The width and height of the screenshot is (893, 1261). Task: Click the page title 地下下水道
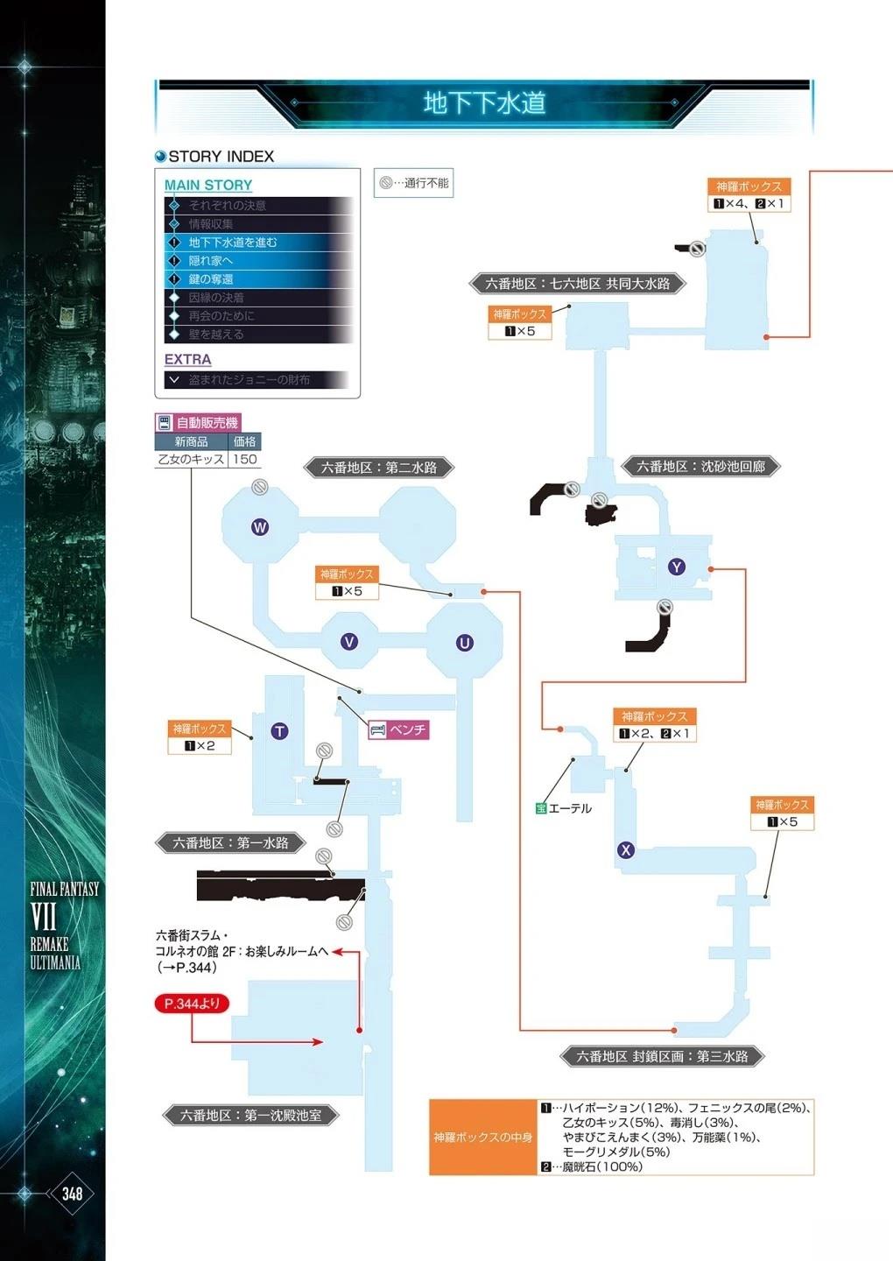point(484,103)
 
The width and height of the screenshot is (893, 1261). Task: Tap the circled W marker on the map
point(260,527)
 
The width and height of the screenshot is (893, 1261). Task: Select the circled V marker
point(348,642)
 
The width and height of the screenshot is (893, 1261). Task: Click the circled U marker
point(464,643)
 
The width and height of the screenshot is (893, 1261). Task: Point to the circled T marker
point(279,731)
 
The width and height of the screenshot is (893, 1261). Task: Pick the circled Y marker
point(676,567)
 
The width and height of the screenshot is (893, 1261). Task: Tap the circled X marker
point(625,849)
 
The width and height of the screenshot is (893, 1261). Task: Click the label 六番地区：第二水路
point(379,468)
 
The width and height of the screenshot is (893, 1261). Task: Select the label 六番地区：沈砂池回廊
point(700,467)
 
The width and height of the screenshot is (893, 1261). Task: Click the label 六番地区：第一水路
point(230,843)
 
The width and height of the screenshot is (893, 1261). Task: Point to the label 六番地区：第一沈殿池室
point(250,1116)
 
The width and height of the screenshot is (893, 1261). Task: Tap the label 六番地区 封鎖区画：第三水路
point(662,1057)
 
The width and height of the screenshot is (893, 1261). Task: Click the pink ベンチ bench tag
point(399,729)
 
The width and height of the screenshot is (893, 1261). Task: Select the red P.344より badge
point(192,1004)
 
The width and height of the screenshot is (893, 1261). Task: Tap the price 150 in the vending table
point(245,459)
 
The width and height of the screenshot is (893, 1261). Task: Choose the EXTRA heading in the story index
point(187,360)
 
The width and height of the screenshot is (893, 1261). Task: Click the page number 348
point(72,1194)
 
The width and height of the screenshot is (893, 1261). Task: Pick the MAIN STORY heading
point(208,186)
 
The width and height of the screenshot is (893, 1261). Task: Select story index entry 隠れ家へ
point(211,261)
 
